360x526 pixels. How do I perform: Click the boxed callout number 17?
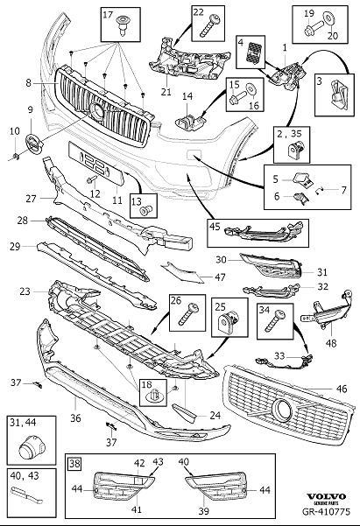pos(109,17)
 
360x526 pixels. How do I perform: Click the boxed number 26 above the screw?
pos(175,300)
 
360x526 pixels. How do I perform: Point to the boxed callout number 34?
pos(264,307)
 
